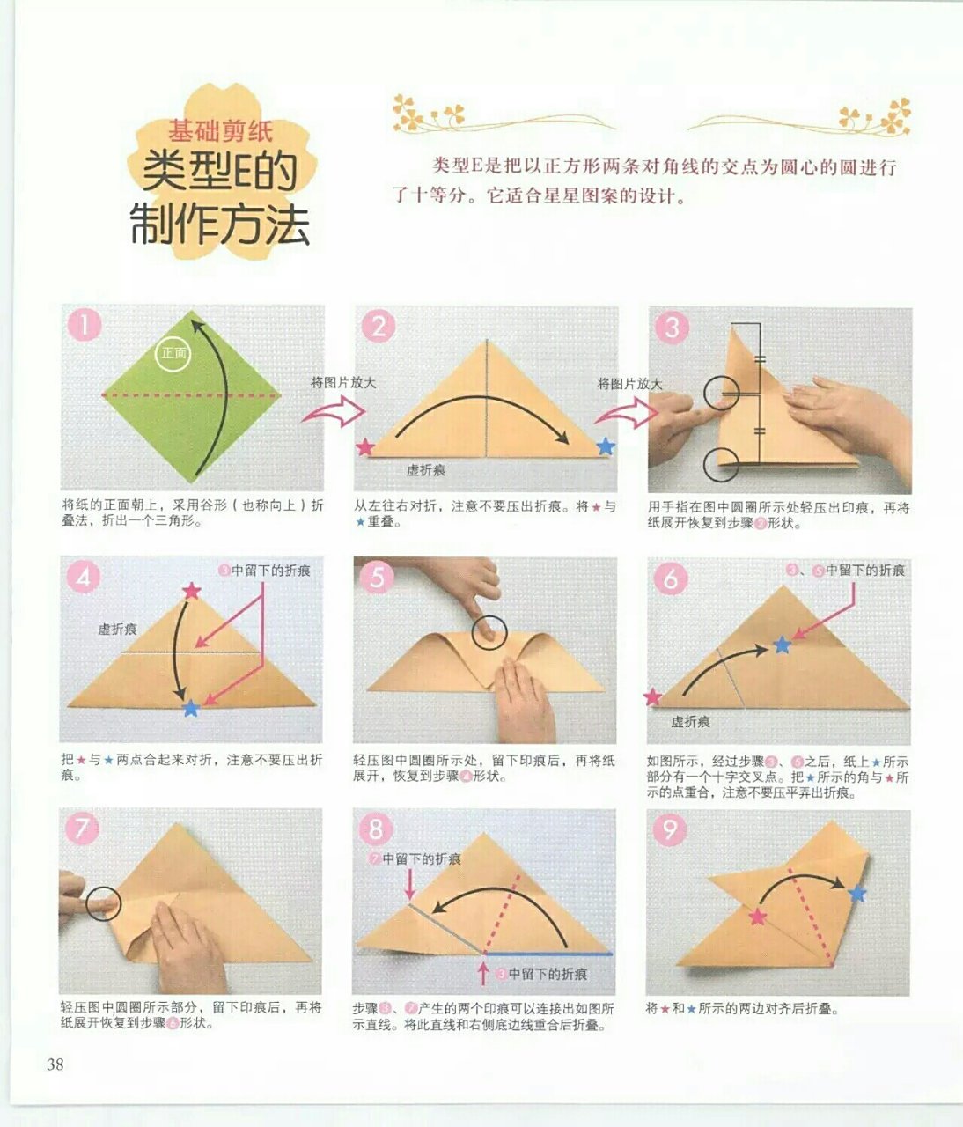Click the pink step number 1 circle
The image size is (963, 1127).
tap(85, 325)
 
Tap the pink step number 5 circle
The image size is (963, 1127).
tap(378, 577)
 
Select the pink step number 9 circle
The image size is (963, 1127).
tap(671, 829)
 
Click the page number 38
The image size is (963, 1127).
tap(55, 1064)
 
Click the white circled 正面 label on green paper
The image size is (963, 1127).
tap(173, 353)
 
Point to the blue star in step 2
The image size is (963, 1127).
tap(605, 446)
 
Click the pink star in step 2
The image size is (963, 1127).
tap(364, 447)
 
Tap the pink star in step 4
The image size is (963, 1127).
tap(191, 591)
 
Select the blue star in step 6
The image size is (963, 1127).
tap(782, 645)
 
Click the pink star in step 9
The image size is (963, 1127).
tap(757, 917)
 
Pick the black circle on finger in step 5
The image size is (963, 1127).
tap(489, 631)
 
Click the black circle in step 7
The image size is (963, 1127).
tap(103, 903)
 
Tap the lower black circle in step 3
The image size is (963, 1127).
tap(722, 464)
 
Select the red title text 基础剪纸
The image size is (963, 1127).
tap(221, 132)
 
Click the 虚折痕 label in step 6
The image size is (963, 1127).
tap(690, 722)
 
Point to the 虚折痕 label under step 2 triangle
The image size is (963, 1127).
tap(425, 471)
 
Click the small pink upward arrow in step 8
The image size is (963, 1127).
tap(482, 973)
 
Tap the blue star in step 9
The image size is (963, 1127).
tap(857, 894)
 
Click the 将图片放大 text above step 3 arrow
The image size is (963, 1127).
tap(629, 384)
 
